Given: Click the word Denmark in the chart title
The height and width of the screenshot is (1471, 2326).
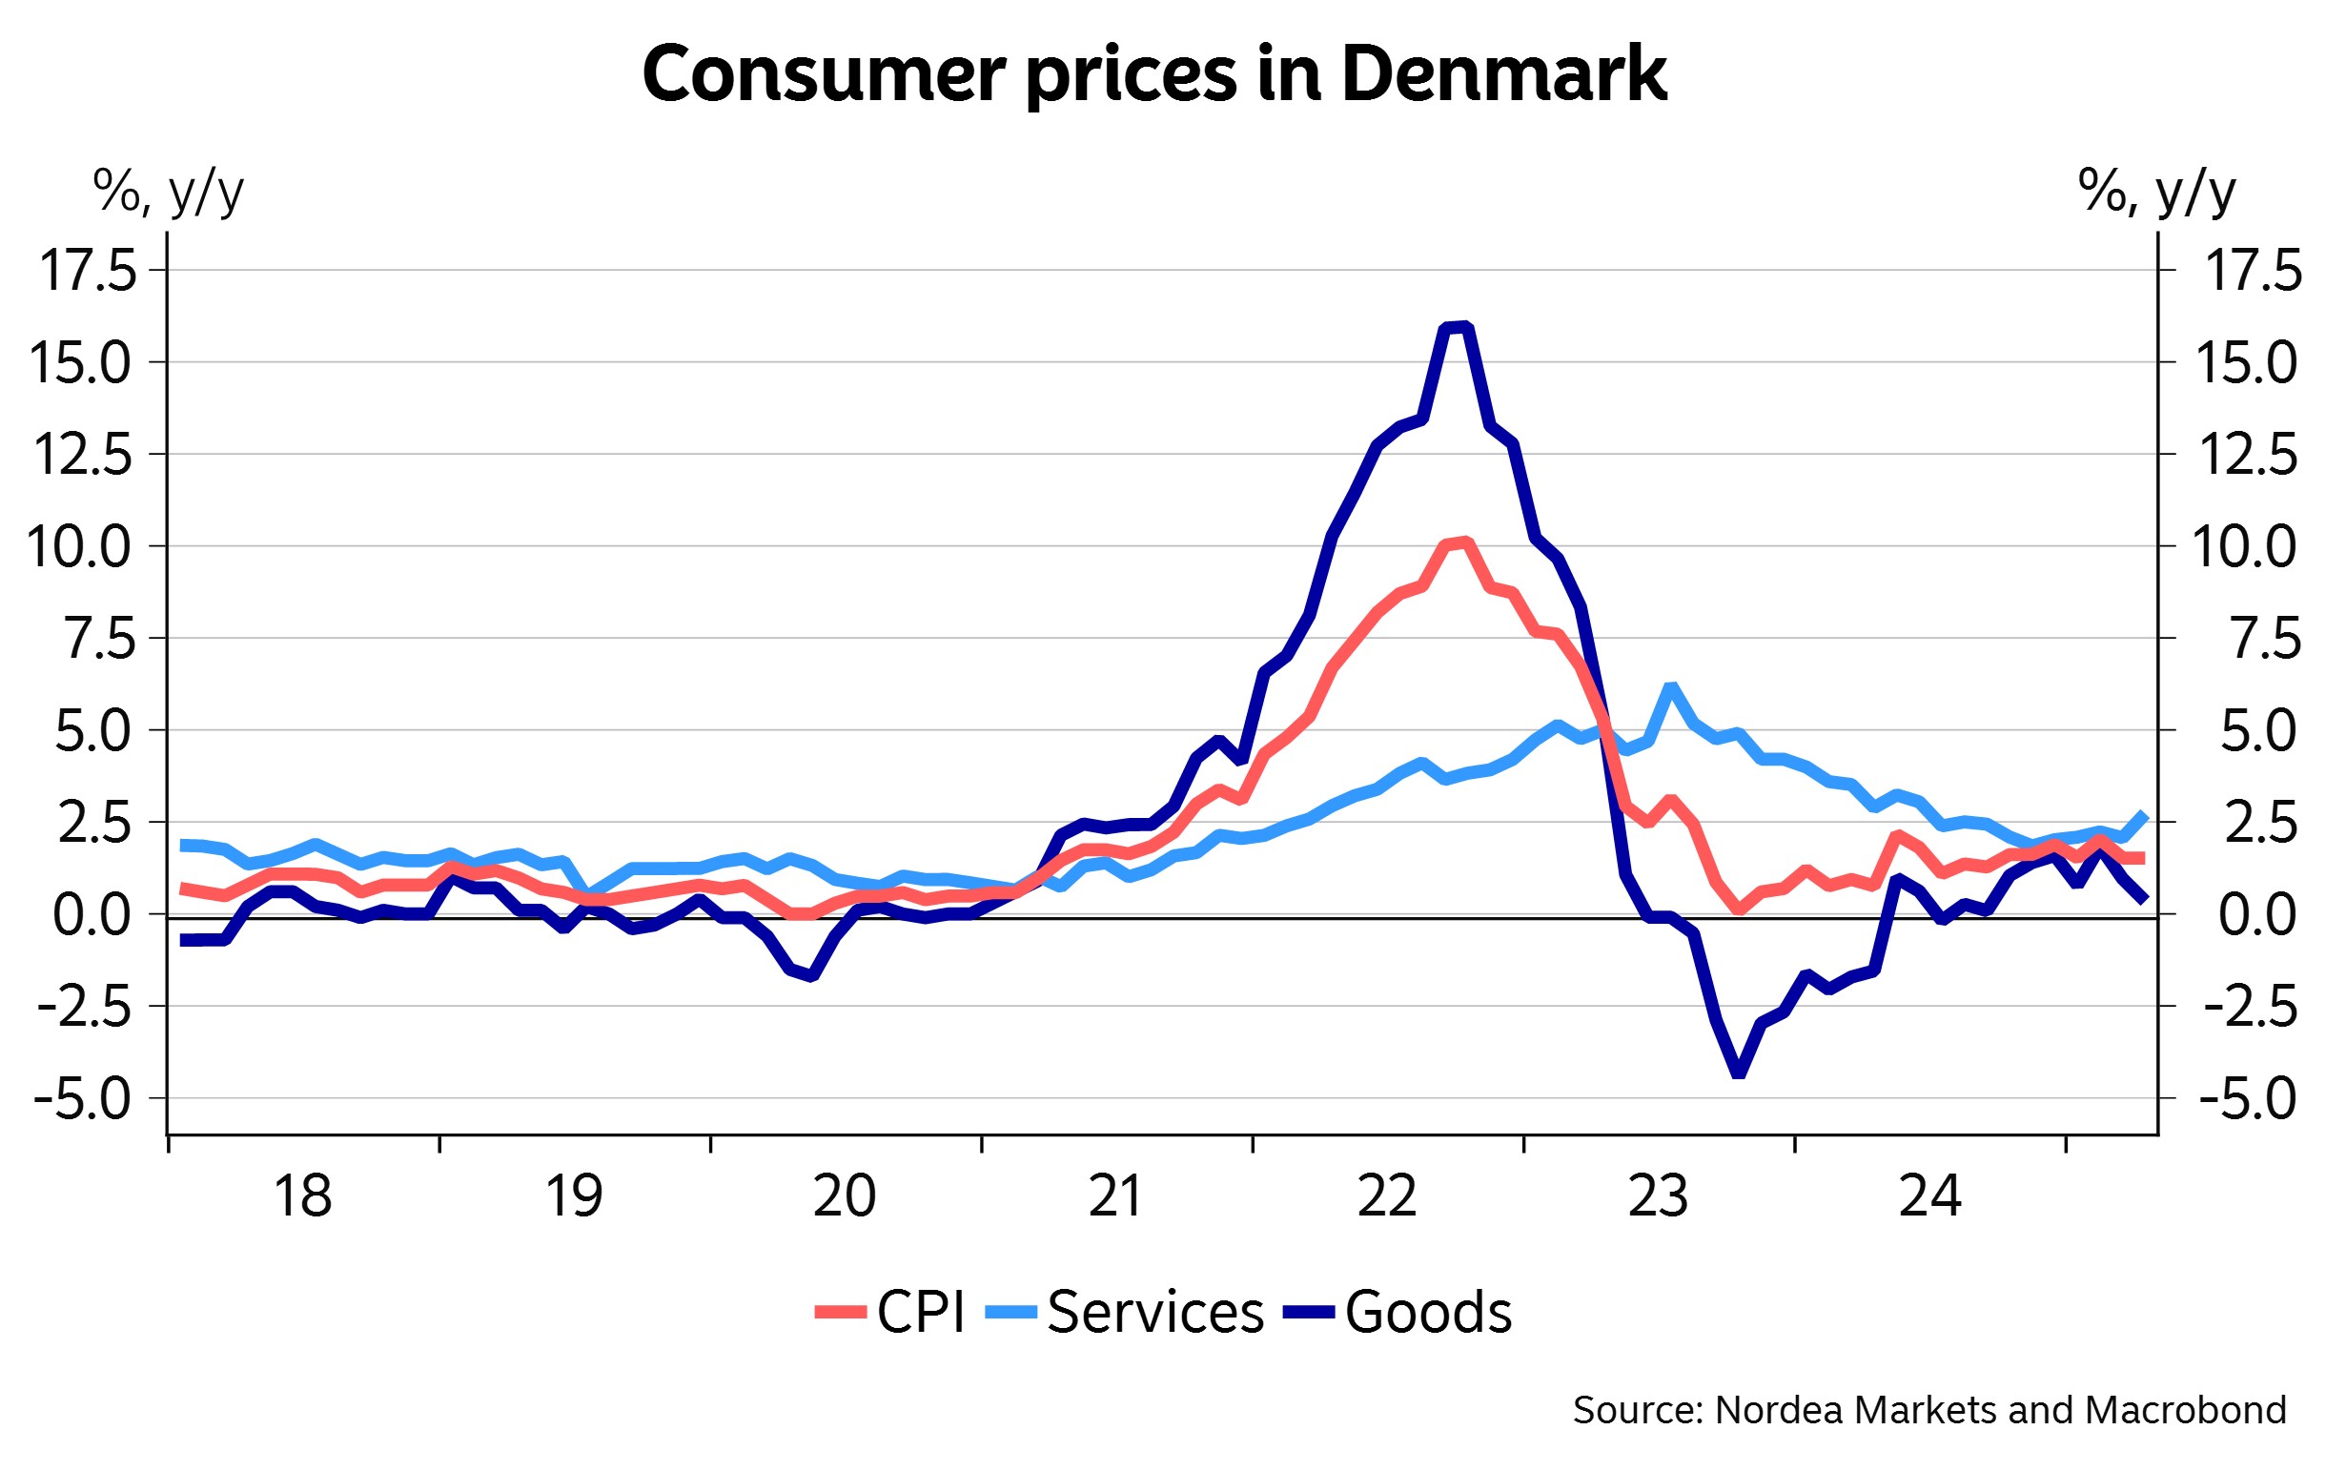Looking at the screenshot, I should [1504, 75].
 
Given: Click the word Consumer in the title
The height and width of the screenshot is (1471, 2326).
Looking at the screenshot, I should [823, 75].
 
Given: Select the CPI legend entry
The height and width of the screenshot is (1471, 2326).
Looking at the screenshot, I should [890, 1312].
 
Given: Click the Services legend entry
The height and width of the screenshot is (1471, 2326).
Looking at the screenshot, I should [1125, 1312].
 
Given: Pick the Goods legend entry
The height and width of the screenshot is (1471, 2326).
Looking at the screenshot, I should [1398, 1312].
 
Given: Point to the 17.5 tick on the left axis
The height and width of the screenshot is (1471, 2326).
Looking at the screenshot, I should [88, 271].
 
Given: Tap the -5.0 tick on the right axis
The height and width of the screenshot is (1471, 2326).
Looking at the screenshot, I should [2249, 1098].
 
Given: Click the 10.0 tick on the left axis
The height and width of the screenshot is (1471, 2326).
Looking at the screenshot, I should [79, 546].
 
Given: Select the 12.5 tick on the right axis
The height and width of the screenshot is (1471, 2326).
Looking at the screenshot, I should [2249, 454].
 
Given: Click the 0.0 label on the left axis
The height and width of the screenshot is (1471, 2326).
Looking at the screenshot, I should [92, 914].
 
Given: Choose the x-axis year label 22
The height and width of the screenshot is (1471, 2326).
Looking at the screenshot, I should [1387, 1195].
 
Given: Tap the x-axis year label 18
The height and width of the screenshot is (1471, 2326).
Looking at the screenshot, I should [302, 1195].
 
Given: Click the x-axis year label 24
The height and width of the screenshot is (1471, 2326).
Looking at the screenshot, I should [1930, 1195].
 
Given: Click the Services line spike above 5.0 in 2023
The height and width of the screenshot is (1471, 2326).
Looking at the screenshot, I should [1671, 687].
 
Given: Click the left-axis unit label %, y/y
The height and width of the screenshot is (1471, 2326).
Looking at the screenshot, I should [168, 192].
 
